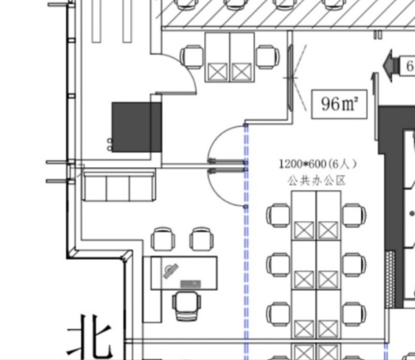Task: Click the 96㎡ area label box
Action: coord(339,104)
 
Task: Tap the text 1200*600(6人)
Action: coord(317,164)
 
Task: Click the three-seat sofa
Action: coord(118,187)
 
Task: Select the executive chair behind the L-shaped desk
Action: coord(186,304)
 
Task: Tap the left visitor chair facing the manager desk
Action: coord(163,239)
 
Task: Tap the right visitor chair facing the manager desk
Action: coord(201,239)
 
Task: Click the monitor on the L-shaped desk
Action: coord(191,283)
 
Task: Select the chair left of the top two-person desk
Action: coord(193,56)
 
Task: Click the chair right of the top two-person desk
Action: coord(267,56)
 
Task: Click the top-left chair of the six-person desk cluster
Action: coord(279,215)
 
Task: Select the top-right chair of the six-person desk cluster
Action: coord(354,215)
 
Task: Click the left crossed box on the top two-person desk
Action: coord(218,71)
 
